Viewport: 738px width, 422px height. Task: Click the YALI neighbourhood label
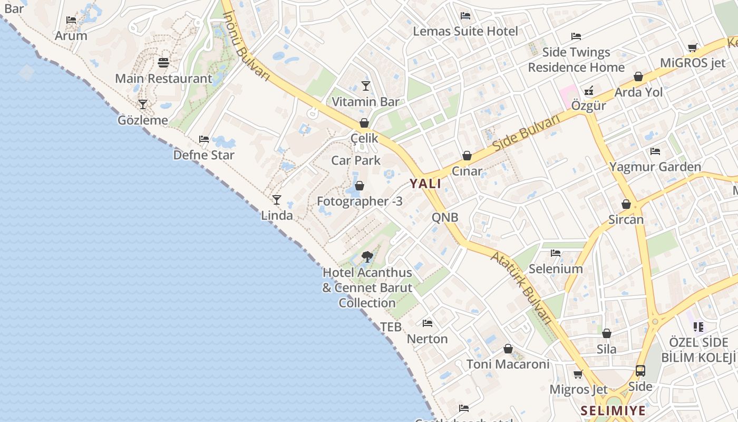425,184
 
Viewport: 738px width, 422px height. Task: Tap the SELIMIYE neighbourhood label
613,410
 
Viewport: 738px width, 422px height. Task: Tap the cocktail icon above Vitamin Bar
366,85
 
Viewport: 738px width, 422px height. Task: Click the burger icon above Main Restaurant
163,63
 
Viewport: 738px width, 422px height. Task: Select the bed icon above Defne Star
204,139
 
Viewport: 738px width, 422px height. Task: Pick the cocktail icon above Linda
276,200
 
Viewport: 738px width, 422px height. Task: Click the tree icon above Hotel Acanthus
367,257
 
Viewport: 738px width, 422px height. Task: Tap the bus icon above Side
640,371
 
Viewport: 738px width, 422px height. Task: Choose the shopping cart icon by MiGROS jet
693,47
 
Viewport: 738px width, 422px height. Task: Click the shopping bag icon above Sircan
626,204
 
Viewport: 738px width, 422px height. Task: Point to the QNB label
445,217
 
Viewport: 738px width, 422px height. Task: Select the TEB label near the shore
391,327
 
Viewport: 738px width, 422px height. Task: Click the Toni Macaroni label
508,364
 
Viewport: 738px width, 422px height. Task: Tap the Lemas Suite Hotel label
465,31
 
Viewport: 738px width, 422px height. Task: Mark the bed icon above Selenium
556,253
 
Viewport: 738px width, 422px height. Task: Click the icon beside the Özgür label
589,90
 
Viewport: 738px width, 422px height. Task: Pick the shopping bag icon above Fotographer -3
360,186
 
